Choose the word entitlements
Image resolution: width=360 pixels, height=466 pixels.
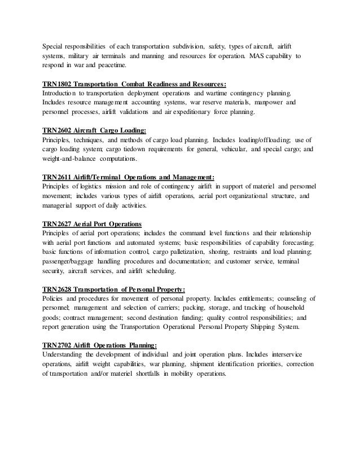(x=258, y=298)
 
